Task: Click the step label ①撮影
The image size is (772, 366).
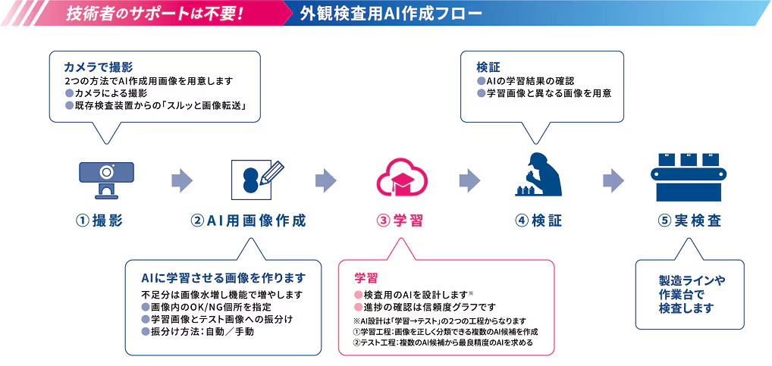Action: [x=99, y=221]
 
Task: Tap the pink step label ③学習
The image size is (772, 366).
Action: [x=400, y=221]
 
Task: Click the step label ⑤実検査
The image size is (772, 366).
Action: [x=689, y=221]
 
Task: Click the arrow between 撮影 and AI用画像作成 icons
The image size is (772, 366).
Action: [x=181, y=180]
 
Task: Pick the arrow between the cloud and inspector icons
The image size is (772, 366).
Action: [x=469, y=180]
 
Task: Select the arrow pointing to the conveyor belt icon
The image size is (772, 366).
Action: [x=613, y=180]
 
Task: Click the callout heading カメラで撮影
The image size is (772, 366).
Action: [x=99, y=67]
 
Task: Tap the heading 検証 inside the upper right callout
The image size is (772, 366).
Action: [x=488, y=67]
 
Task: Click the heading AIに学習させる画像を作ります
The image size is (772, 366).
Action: [x=223, y=277]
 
